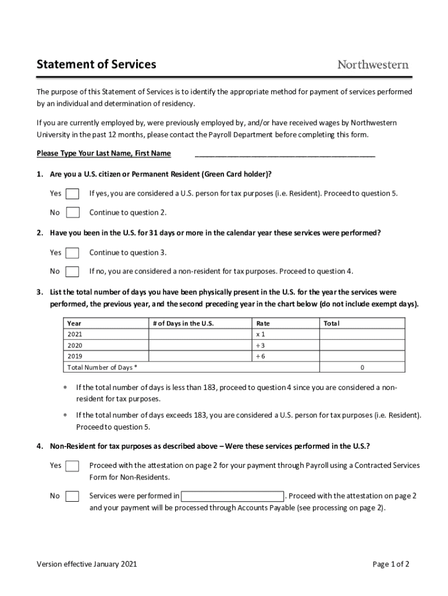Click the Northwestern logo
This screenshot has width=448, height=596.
tap(373, 65)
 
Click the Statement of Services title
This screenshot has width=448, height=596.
tap(96, 65)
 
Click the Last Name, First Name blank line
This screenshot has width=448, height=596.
tap(285, 154)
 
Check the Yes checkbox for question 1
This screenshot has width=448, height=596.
tap(73, 194)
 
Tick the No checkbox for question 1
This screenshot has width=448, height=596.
tap(73, 212)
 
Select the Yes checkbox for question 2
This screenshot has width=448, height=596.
tap(73, 253)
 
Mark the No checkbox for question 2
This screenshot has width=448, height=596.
tap(73, 271)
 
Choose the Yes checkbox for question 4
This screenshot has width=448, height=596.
tap(73, 466)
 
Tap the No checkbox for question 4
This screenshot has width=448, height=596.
tap(73, 496)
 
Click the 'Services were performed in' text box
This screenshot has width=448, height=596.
tap(232, 496)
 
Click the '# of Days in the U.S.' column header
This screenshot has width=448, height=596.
tap(183, 324)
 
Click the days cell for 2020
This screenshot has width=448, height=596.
tap(200, 346)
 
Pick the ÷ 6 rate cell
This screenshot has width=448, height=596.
tap(261, 356)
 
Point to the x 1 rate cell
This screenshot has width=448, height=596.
tap(261, 335)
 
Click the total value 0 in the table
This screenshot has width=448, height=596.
tap(362, 367)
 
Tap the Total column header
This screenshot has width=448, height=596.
tap(332, 324)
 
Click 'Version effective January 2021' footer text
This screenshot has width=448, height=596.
tap(87, 564)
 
